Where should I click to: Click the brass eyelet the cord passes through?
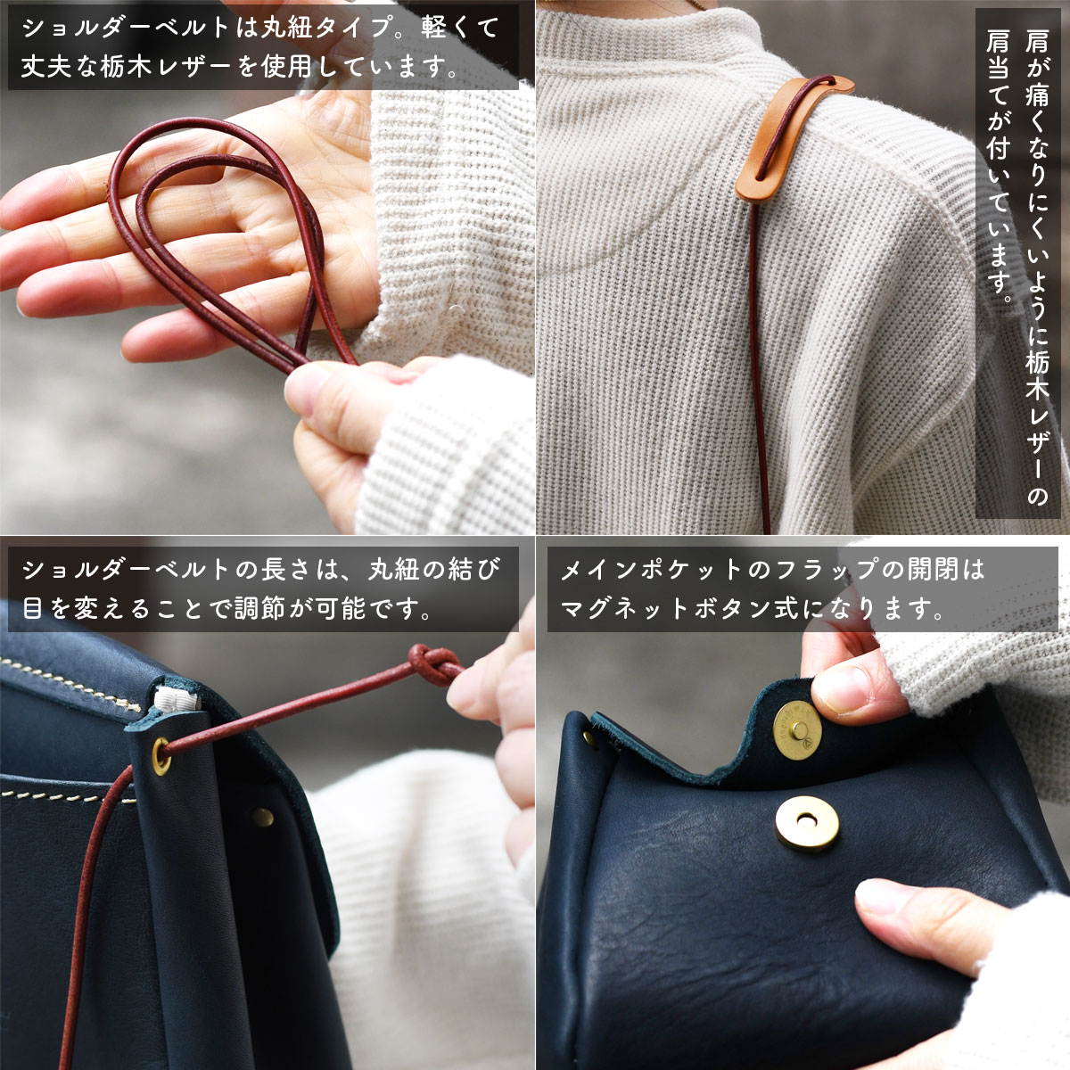coord(161,756)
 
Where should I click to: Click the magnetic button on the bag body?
coord(806,824)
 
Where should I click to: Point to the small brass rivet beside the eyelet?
coord(263,817)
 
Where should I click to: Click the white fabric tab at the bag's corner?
coord(177,698)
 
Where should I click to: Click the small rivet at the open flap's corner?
coord(588,737)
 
